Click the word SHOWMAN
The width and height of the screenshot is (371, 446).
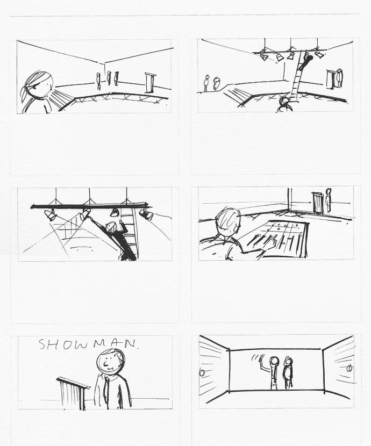tap(89, 344)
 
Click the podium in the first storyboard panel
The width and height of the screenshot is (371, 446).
tap(150, 83)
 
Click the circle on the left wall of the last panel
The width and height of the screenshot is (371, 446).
tap(202, 372)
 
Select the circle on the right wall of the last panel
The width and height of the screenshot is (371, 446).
tap(349, 369)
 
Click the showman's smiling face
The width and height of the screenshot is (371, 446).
tap(110, 361)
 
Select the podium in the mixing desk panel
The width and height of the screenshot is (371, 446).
tap(319, 203)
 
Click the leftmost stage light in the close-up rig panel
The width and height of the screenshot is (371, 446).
tap(51, 215)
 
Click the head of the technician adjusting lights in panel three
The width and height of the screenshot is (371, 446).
tap(111, 227)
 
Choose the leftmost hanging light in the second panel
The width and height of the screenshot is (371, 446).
tap(265, 57)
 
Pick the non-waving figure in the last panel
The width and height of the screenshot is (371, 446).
tap(288, 372)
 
